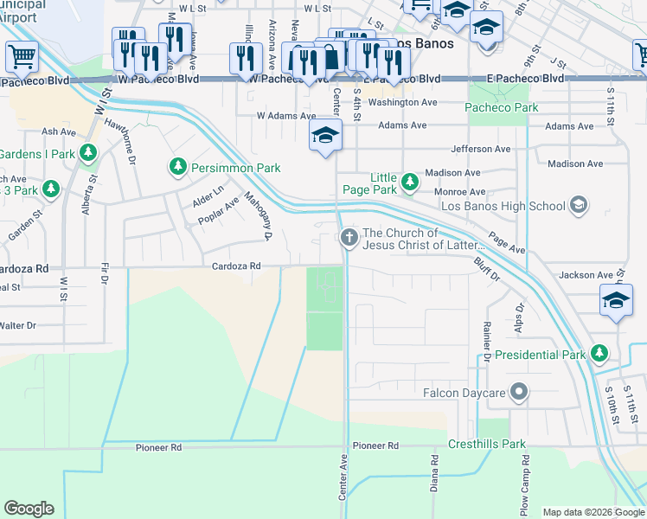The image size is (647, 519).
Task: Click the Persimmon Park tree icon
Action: click(x=177, y=165)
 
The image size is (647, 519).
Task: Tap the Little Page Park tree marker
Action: click(x=410, y=183)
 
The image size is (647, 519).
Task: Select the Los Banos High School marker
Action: click(x=579, y=206)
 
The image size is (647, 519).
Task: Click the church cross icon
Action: click(x=349, y=238)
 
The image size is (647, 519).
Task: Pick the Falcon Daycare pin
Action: click(x=518, y=393)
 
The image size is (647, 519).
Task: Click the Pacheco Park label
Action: click(x=501, y=108)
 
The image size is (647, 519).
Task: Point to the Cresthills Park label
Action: click(x=487, y=445)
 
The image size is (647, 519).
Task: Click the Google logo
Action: click(x=29, y=508)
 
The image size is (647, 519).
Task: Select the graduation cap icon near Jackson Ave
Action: click(x=615, y=301)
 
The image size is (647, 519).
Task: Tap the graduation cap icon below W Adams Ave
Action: click(x=325, y=135)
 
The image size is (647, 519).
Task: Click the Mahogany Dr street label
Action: click(x=257, y=216)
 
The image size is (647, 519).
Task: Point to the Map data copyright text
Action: click(x=593, y=512)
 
